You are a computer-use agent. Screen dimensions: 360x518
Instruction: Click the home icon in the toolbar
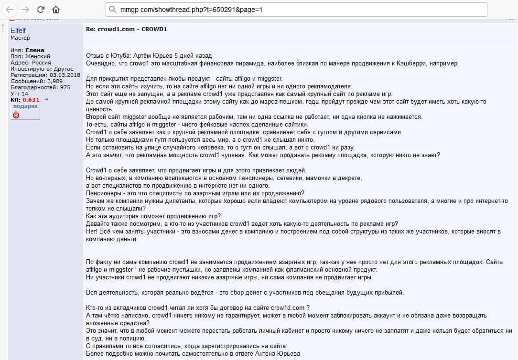click(x=56, y=10)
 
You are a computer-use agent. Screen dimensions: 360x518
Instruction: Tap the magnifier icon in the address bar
click(x=112, y=10)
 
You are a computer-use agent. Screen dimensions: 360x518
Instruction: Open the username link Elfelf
click(x=18, y=31)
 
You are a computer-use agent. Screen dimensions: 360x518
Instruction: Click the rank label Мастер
click(x=20, y=38)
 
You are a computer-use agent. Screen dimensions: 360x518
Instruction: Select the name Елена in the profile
click(x=35, y=50)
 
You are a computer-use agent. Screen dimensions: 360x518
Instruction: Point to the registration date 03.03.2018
click(x=65, y=75)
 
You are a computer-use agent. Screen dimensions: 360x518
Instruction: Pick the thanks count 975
click(x=65, y=87)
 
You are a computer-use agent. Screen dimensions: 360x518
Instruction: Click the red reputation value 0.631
click(x=31, y=100)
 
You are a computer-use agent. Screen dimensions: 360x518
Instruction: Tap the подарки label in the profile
click(x=25, y=106)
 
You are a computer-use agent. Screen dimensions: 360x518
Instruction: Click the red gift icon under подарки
click(x=16, y=115)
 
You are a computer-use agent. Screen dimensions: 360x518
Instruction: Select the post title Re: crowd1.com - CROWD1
click(x=126, y=29)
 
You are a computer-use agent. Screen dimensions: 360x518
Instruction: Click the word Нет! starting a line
click(x=93, y=232)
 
